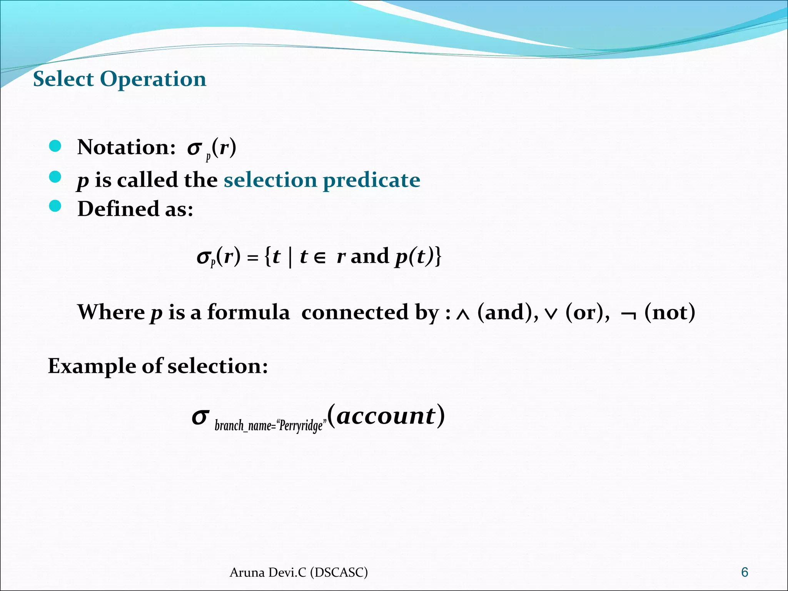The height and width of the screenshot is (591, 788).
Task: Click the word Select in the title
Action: [63, 79]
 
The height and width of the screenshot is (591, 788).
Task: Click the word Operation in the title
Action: [153, 80]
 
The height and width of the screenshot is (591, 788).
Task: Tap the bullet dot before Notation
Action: [55, 146]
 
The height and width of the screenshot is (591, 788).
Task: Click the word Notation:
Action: [127, 147]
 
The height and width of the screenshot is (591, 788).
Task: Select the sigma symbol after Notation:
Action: [195, 148]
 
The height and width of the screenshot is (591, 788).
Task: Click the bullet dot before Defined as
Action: [55, 206]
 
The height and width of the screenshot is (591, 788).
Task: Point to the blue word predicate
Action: [371, 180]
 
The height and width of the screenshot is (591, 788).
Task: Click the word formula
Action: [248, 312]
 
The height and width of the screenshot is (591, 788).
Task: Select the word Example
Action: [91, 366]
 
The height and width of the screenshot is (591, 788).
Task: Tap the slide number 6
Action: [745, 572]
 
